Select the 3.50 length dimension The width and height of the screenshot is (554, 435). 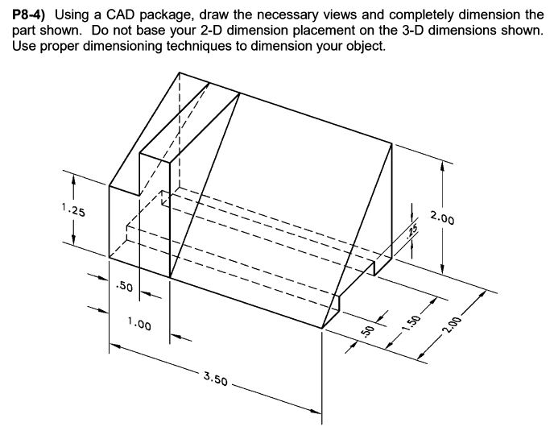tap(215, 376)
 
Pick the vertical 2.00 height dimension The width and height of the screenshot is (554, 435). tap(442, 219)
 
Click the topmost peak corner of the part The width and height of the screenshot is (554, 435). tap(179, 71)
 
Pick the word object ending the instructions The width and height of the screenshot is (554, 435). tap(368, 45)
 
